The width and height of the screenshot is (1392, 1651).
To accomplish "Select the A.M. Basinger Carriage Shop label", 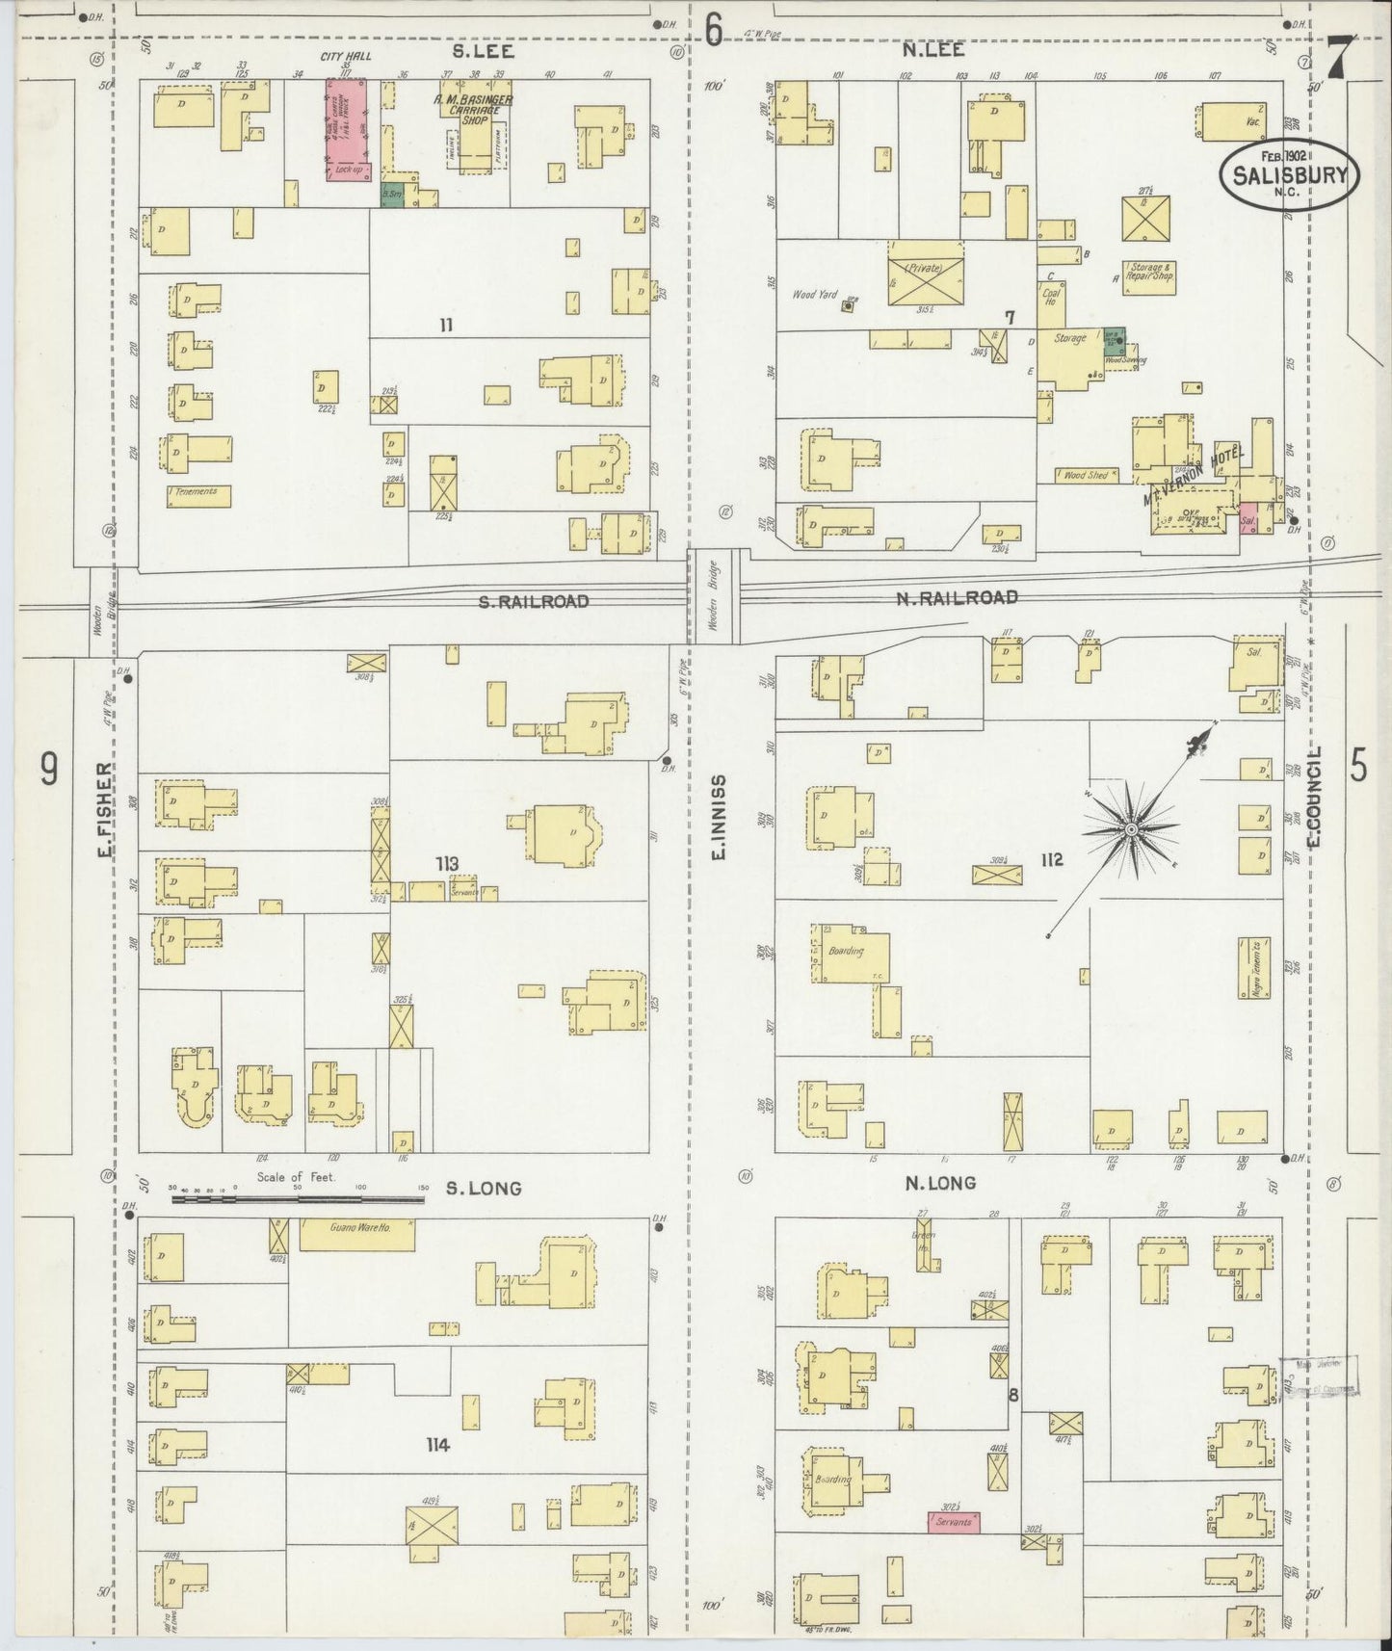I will [472, 110].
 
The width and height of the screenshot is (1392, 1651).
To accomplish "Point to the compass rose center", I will [1130, 828].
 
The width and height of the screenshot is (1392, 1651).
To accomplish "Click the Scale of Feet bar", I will [300, 1200].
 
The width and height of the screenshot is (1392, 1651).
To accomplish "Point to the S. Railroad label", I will [534, 601].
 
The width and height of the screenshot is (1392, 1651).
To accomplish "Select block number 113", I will [446, 863].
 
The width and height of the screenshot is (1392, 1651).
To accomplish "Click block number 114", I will [438, 1445].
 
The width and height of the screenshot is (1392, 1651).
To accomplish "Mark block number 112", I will [1051, 859].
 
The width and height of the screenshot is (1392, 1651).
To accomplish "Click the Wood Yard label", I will [814, 294].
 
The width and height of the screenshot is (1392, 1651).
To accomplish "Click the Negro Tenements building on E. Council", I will [1256, 965].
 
